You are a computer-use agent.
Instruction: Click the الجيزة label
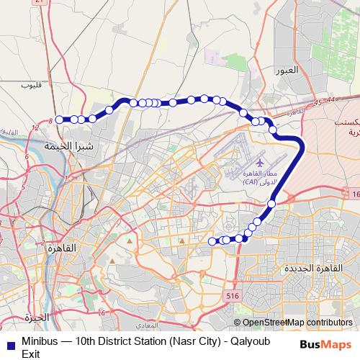[x=35, y=317]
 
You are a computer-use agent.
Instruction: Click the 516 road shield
[x=232, y=295]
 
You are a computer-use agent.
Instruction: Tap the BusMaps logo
[x=326, y=343]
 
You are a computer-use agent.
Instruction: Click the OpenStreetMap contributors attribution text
[x=297, y=323]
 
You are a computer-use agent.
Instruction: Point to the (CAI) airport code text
[x=251, y=183]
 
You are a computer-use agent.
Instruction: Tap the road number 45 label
[x=318, y=102]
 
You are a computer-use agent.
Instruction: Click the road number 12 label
[x=35, y=128]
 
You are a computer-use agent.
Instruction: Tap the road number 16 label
[x=355, y=194]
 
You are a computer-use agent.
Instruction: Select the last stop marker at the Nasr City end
[x=212, y=241]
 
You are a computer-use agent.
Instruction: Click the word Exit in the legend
[x=31, y=353]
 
